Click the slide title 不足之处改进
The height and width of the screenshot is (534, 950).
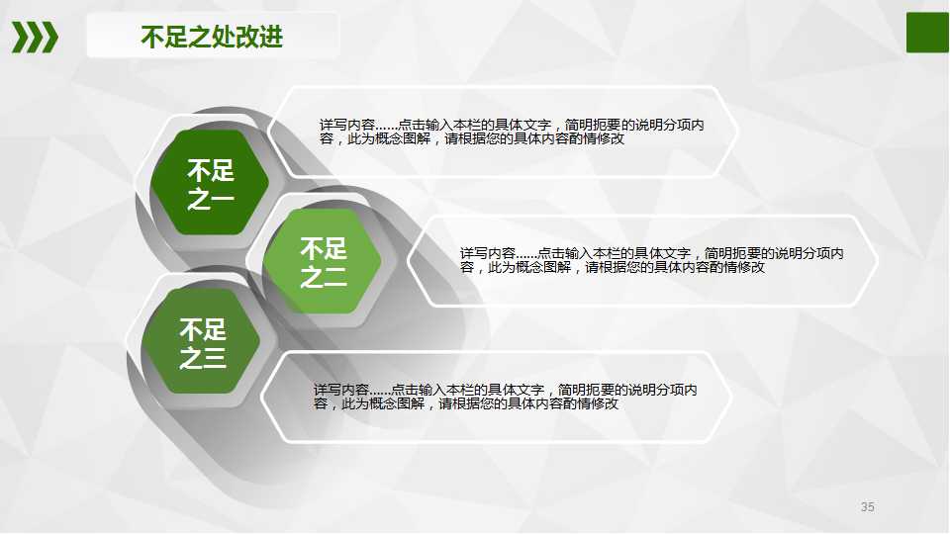212,38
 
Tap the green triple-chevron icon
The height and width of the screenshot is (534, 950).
35,37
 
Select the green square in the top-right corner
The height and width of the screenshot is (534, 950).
928,32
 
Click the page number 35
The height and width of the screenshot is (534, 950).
868,507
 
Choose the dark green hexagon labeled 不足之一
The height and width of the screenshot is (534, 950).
210,183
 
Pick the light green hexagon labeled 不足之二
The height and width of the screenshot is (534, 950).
323,263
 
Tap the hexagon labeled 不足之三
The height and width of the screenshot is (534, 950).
202,342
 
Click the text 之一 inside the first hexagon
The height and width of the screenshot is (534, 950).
210,200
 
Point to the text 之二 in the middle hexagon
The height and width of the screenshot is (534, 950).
323,278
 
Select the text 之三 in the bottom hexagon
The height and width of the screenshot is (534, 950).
202,358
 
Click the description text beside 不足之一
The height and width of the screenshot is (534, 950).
512,133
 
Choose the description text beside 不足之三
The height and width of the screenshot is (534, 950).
505,397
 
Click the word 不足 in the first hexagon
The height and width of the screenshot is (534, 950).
210,169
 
